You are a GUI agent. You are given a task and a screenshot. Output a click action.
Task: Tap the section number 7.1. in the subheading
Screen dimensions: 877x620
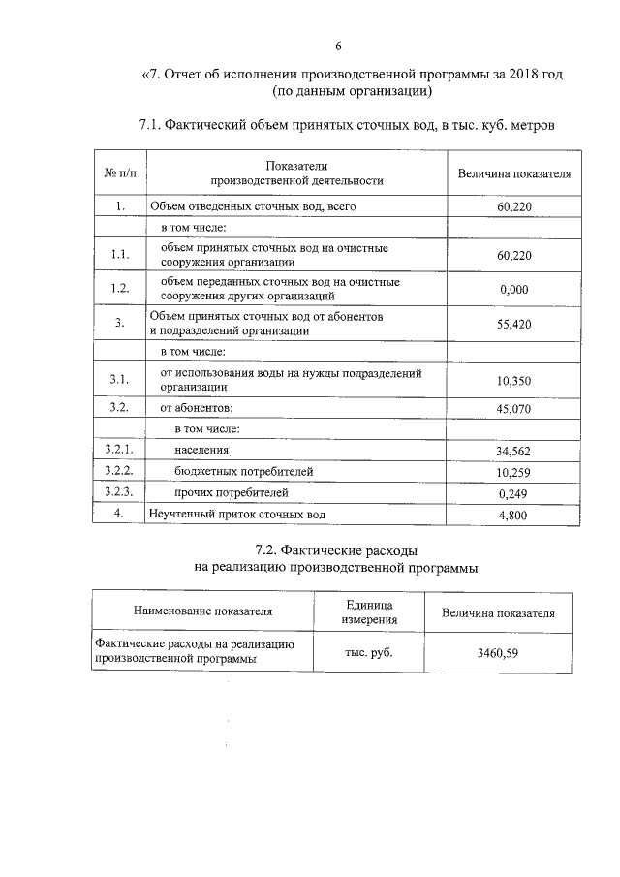coord(155,124)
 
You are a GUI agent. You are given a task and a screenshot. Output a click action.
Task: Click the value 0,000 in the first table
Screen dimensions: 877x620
coord(512,289)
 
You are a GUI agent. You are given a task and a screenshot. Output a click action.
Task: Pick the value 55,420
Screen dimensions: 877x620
coord(512,325)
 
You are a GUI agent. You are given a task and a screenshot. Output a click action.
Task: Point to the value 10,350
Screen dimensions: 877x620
coord(512,380)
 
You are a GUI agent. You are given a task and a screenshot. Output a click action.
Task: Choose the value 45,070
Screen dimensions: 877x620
coord(512,408)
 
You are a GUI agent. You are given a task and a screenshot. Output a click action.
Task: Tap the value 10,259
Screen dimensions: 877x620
coord(512,473)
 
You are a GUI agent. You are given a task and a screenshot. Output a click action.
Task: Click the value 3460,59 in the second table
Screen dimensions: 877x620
coord(498,651)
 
